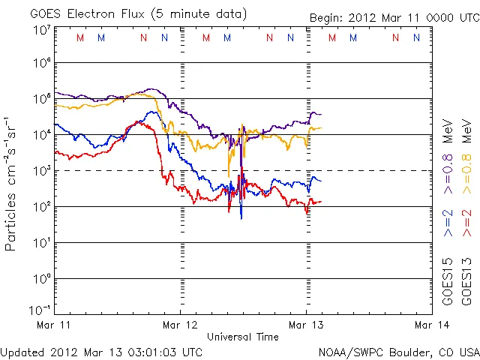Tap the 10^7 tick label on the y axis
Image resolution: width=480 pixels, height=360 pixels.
click(x=41, y=29)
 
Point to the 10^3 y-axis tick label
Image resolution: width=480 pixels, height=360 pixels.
click(x=41, y=172)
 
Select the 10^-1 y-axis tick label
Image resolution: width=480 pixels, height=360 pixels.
click(x=40, y=309)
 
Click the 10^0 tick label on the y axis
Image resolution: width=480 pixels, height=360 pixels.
click(x=41, y=279)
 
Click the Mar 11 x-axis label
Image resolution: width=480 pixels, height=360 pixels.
click(x=54, y=325)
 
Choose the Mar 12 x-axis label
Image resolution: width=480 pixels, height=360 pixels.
click(x=180, y=325)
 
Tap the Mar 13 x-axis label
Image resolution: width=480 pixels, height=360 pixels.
click(x=306, y=325)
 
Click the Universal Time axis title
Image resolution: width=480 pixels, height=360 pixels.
click(x=243, y=337)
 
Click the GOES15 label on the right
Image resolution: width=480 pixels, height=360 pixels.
click(x=448, y=281)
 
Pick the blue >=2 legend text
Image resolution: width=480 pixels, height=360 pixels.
click(x=448, y=223)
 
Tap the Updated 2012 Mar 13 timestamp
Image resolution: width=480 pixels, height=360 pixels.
click(x=102, y=352)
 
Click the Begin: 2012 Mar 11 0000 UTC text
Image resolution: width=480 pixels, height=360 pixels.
click(x=394, y=18)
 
